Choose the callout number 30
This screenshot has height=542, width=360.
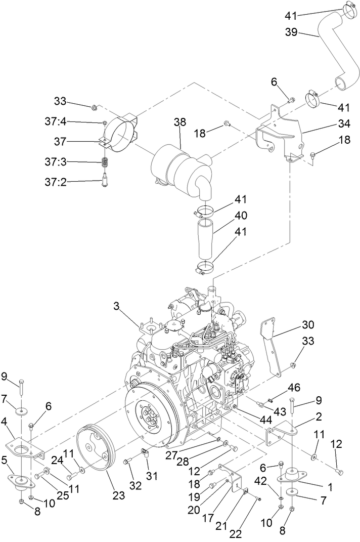click(x=308, y=324)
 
